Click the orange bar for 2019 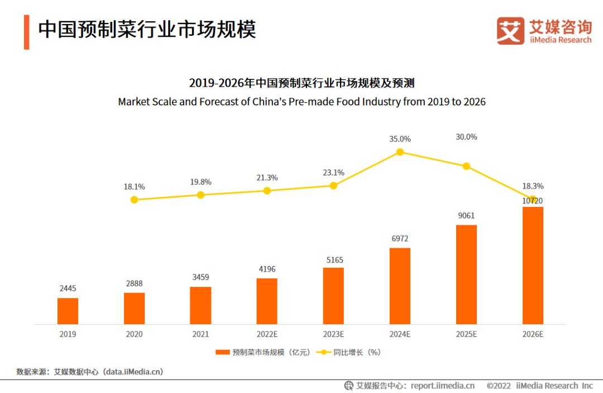(68, 311)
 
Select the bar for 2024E (400, 286)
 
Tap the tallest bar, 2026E (533, 266)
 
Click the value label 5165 (333, 260)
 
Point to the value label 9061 (466, 216)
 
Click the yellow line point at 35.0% (400, 152)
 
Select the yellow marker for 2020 (134, 200)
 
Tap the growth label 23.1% (333, 173)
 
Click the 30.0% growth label (466, 137)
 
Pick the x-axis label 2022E (267, 334)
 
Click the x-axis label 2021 (200, 334)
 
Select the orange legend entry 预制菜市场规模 (262, 352)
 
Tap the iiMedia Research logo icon (510, 31)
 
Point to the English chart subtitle (301, 102)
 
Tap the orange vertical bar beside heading (26, 32)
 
